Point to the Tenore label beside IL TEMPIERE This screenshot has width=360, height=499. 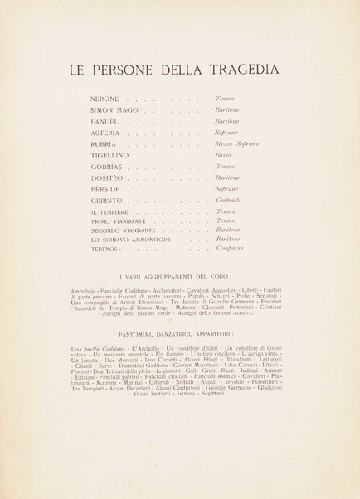225,213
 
